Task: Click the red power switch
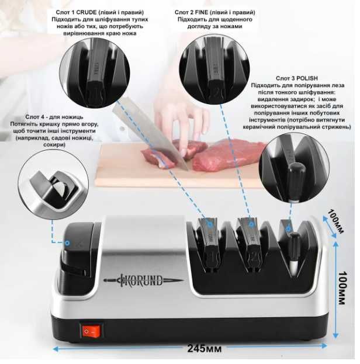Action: coord(91,331)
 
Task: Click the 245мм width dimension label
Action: coord(204,348)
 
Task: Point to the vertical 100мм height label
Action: coord(342,288)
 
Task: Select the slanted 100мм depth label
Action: coord(335,221)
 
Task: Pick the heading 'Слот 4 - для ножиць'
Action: coord(54,117)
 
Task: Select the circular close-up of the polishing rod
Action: coord(294,168)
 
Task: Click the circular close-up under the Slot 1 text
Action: coord(95,72)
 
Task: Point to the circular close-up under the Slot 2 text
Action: coord(214,70)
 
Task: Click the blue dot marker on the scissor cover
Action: coord(67,243)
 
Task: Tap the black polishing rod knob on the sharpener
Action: coord(294,247)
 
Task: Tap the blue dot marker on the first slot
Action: coord(210,224)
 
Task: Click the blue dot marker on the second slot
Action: coord(251,224)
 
